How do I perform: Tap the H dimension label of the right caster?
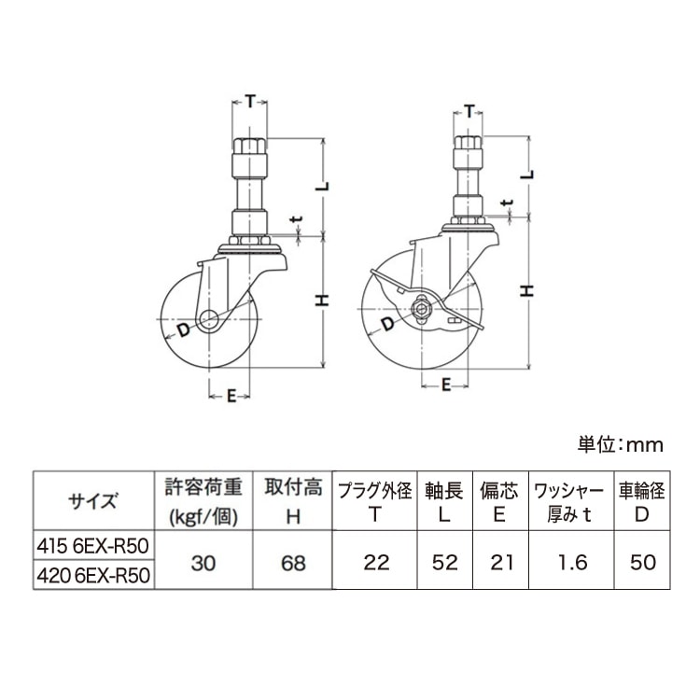[527, 290]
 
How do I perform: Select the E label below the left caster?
[230, 396]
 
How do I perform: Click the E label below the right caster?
[447, 384]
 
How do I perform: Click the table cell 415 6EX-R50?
[92, 545]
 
